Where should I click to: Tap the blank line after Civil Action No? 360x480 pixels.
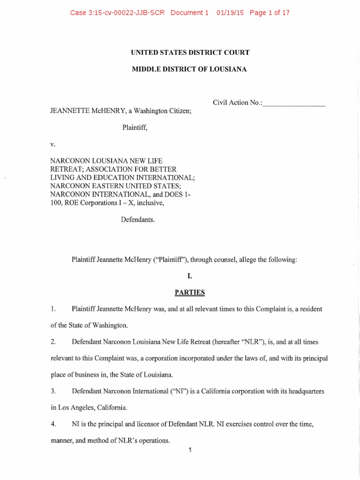[x=294, y=103]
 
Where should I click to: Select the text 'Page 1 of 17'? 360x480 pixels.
[x=270, y=13]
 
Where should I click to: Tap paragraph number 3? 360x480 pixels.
[x=53, y=391]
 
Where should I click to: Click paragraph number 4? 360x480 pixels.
[x=53, y=424]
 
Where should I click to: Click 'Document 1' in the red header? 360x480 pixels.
[x=189, y=13]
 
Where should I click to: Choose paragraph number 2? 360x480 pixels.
[x=53, y=342]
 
